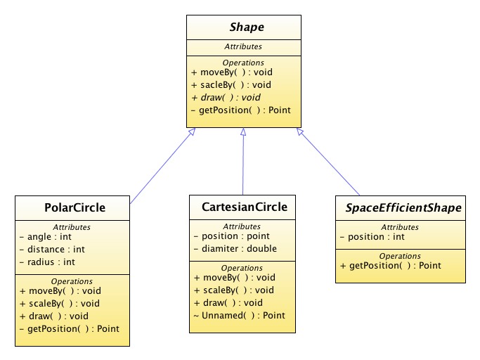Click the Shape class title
tap(247, 27)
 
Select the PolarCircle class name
tap(74, 207)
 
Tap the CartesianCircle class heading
tap(245, 207)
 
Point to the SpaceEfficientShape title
tap(403, 207)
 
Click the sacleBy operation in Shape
tap(231, 85)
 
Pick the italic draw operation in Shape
tap(226, 98)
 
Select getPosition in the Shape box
tap(240, 110)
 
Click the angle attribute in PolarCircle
tap(45, 237)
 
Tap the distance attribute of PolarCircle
tap(52, 250)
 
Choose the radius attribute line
tap(47, 262)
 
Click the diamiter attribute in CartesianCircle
tap(235, 248)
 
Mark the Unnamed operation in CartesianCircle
tap(240, 315)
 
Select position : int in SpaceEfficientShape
tap(372, 237)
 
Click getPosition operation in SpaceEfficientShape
tap(391, 266)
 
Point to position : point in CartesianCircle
tap(232, 236)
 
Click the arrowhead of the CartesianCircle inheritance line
tap(243, 131)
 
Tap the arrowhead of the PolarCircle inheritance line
tap(192, 131)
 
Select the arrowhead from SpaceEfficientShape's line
tap(300, 131)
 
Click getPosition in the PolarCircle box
tap(69, 329)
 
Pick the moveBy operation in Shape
tap(232, 72)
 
